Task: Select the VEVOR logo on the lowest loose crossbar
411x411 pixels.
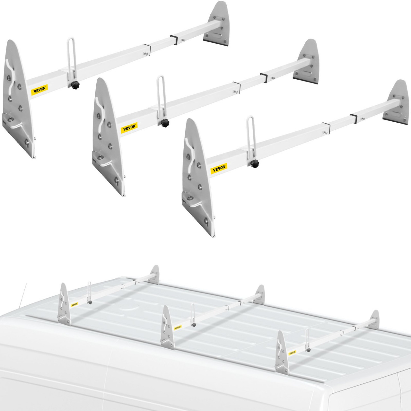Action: [219, 168]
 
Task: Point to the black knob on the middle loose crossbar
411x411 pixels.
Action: [166, 123]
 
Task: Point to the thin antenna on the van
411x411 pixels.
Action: [23, 295]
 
